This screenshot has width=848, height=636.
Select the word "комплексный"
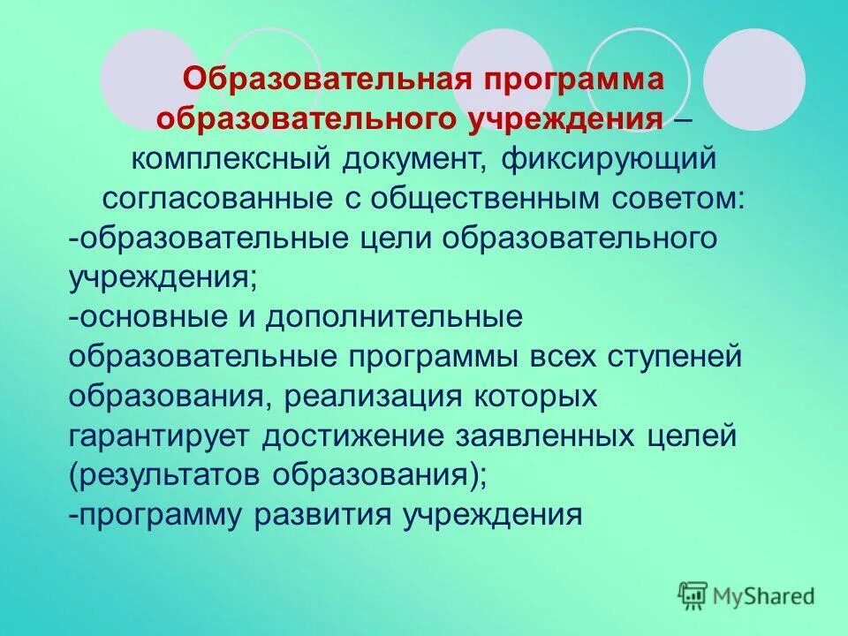pyautogui.click(x=231, y=160)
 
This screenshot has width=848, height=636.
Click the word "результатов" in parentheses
pyautogui.click(x=168, y=474)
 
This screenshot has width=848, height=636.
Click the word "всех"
pyautogui.click(x=561, y=357)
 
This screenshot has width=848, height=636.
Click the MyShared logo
pyautogui.click(x=746, y=596)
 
